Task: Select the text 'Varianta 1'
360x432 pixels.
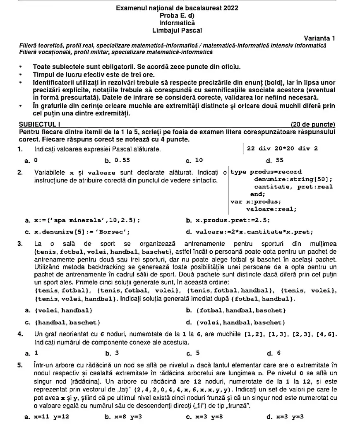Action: (x=319, y=38)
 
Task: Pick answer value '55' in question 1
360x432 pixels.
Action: (x=280, y=160)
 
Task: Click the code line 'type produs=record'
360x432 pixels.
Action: (x=266, y=172)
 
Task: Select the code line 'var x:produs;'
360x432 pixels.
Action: (x=255, y=202)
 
